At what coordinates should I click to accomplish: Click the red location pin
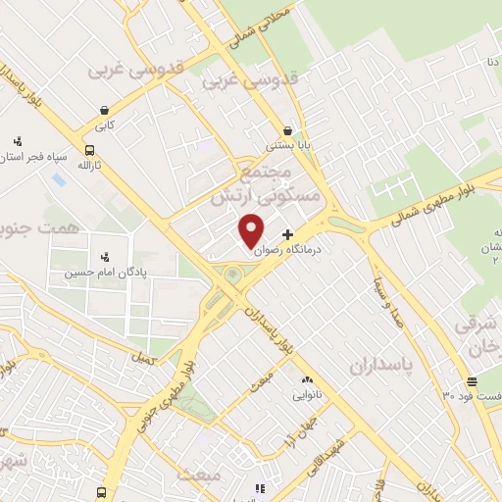click(x=252, y=229)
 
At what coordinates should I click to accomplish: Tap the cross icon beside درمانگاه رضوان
click(x=287, y=234)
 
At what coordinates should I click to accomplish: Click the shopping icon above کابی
click(x=103, y=110)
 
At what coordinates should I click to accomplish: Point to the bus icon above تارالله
click(x=90, y=151)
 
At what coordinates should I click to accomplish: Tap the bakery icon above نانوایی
click(x=307, y=379)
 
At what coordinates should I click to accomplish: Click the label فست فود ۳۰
click(x=470, y=395)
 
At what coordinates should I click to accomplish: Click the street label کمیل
click(x=146, y=361)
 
